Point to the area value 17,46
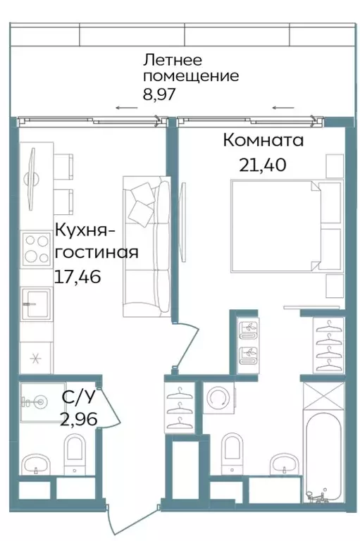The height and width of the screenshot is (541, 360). [x=77, y=276]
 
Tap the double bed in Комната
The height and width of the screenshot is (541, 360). [x=278, y=225]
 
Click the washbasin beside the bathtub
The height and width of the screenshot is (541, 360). [x=284, y=465]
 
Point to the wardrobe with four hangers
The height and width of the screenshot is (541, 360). [x=328, y=345]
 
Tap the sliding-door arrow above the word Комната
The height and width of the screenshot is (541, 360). [x=283, y=108]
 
